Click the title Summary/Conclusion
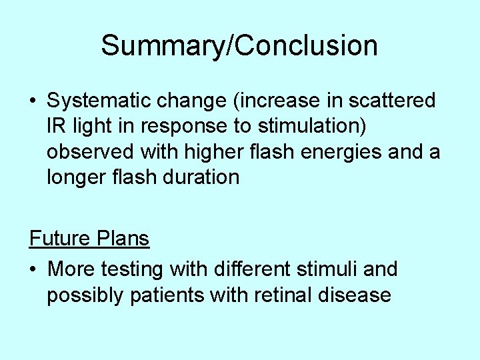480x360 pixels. click(x=239, y=46)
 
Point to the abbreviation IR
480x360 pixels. click(x=56, y=126)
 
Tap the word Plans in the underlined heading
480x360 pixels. click(x=124, y=238)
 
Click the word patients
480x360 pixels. click(x=167, y=295)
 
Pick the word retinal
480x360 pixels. click(x=286, y=295)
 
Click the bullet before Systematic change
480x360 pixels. click(x=33, y=102)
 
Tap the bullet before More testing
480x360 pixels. click(x=33, y=270)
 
